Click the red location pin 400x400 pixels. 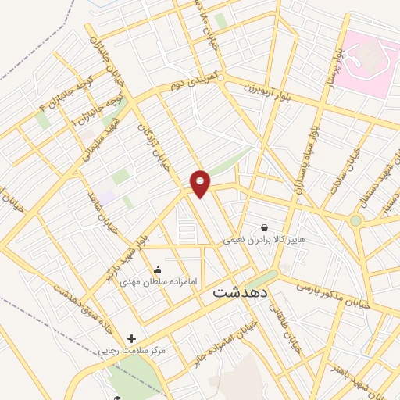(x=201, y=183)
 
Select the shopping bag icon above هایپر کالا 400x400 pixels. (x=264, y=227)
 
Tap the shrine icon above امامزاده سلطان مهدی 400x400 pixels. (x=159, y=270)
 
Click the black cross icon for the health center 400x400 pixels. (x=132, y=340)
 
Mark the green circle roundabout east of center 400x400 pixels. (x=355, y=221)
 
